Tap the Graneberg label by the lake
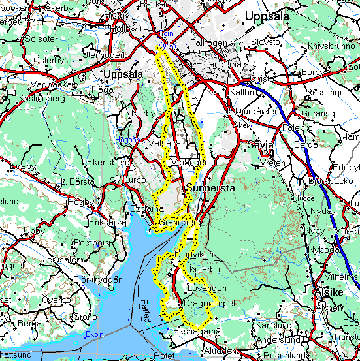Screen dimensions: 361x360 tap(179, 223)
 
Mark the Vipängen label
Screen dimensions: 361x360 tap(191, 162)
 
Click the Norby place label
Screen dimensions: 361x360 tap(144, 113)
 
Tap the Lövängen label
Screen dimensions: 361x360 tap(206, 288)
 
